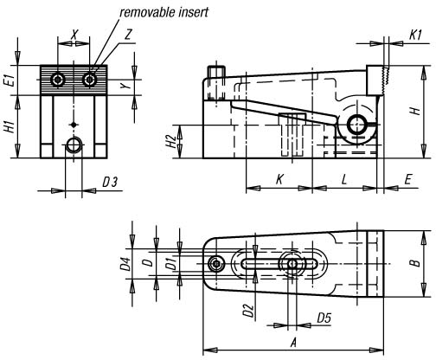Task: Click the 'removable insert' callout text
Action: [163, 12]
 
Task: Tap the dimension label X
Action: [74, 35]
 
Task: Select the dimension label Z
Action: [128, 35]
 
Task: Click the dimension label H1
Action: [10, 126]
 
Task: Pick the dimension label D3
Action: [110, 183]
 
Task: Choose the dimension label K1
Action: [415, 35]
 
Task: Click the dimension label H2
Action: [172, 141]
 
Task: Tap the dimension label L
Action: [343, 179]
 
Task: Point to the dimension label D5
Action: [324, 318]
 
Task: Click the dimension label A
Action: [293, 343]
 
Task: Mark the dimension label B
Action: [416, 263]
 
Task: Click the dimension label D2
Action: [248, 311]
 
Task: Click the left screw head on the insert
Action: [58, 79]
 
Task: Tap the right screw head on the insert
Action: [89, 79]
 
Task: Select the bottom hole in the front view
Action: [74, 145]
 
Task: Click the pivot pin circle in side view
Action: [357, 125]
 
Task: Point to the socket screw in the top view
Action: [216, 263]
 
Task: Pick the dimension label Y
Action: [124, 86]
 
